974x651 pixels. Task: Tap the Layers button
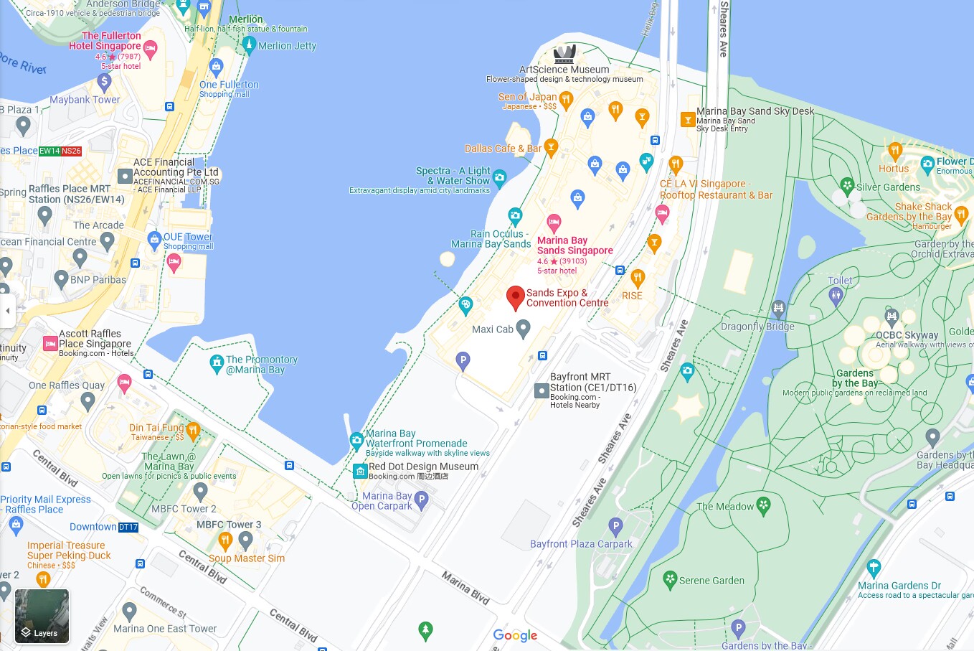coord(42,616)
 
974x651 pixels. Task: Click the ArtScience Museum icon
coord(564,54)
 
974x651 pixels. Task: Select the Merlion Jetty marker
coord(249,45)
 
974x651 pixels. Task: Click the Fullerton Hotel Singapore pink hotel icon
coord(150,49)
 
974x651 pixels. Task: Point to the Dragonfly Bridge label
coord(757,327)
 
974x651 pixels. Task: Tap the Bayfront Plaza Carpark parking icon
coord(615,527)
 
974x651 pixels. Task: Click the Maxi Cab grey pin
coord(523,329)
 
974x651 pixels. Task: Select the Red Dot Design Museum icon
coord(360,471)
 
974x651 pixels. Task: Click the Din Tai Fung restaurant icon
coord(192,430)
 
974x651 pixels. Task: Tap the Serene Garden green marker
coord(670,579)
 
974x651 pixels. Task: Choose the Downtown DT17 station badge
coord(128,527)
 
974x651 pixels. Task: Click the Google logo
coord(515,636)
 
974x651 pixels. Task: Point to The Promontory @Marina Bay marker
coord(217,363)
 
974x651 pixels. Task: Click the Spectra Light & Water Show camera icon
coord(500,177)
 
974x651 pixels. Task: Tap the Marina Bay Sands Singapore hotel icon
coord(554,222)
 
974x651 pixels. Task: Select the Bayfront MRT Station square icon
coord(542,391)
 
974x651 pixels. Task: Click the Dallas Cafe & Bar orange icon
coord(551,148)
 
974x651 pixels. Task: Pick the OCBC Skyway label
coord(907,335)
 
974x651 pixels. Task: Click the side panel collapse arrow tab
coord(8,311)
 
